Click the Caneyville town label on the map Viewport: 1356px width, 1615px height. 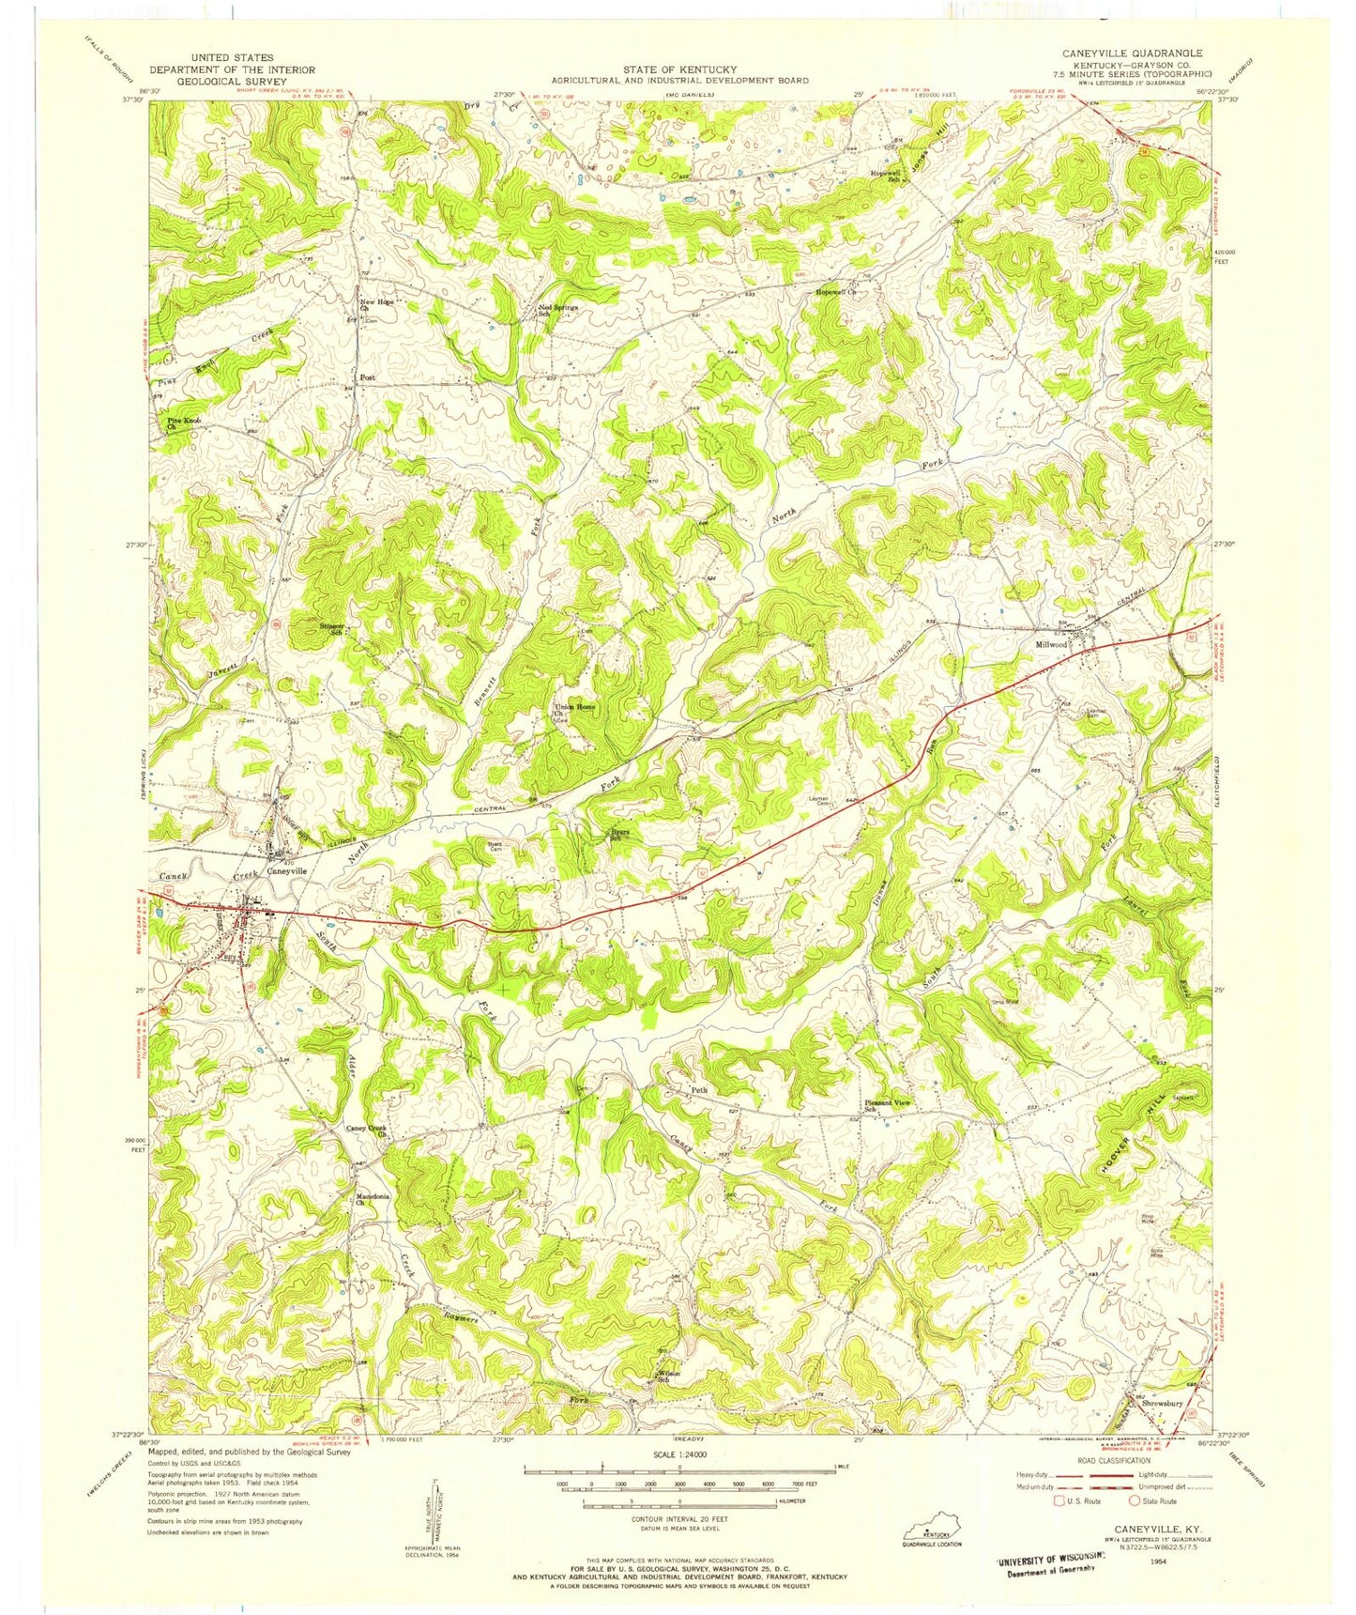pos(287,870)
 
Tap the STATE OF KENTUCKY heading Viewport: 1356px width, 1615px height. pos(680,69)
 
